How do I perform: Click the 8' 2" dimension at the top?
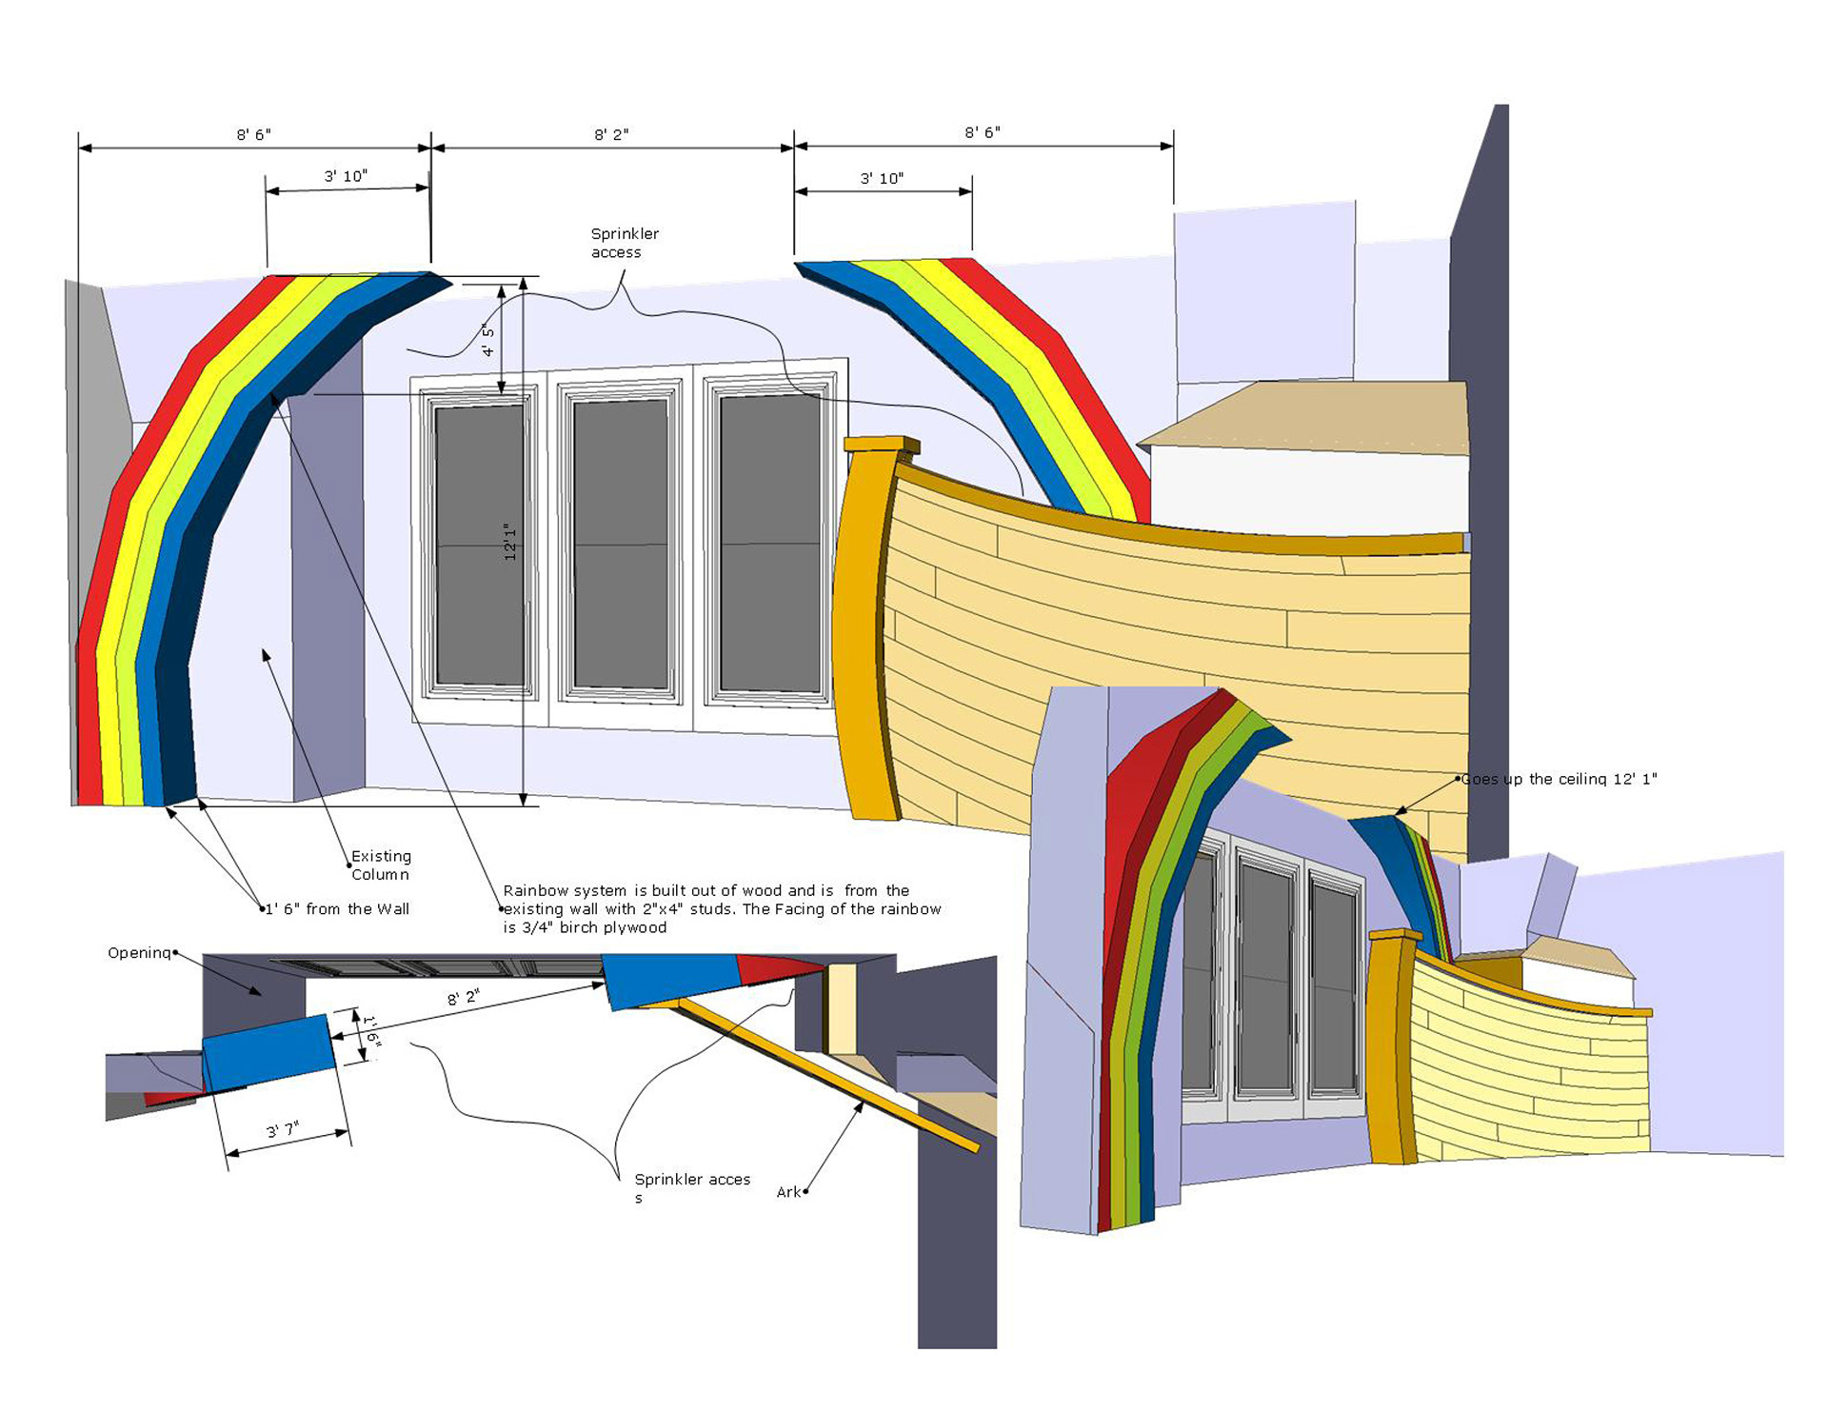click(611, 135)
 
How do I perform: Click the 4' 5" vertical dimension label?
click(488, 340)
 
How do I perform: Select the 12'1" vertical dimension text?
click(510, 541)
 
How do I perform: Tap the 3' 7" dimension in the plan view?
click(283, 1130)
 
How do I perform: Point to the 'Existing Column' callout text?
click(381, 865)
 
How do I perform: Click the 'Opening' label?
click(139, 953)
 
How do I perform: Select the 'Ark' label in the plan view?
click(788, 1192)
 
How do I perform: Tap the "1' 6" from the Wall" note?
click(337, 909)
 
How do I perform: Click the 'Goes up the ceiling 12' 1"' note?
click(1560, 779)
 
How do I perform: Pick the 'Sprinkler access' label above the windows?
click(624, 243)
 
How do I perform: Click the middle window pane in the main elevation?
click(621, 543)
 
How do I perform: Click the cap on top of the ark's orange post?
click(882, 445)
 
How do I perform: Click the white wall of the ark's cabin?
click(1309, 490)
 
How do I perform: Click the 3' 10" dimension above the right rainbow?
click(882, 179)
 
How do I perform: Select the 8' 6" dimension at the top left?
click(254, 135)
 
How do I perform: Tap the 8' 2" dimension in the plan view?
click(464, 998)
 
